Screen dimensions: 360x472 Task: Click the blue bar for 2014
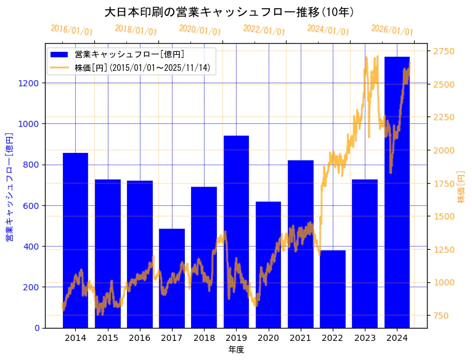tap(75, 240)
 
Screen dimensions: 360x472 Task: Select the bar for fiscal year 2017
tap(171, 278)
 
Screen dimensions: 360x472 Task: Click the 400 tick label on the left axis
tap(32, 247)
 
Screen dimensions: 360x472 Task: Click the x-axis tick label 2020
tap(268, 338)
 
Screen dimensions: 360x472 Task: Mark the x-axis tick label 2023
tap(365, 338)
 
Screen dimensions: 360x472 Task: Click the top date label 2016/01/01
tap(72, 30)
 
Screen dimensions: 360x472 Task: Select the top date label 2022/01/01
tap(264, 30)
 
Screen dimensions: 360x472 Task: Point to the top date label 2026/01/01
tap(393, 30)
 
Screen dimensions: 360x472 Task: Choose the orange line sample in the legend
tap(60, 67)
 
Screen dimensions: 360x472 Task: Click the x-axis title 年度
tap(236, 350)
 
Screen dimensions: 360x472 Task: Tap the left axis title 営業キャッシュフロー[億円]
tap(10, 186)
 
